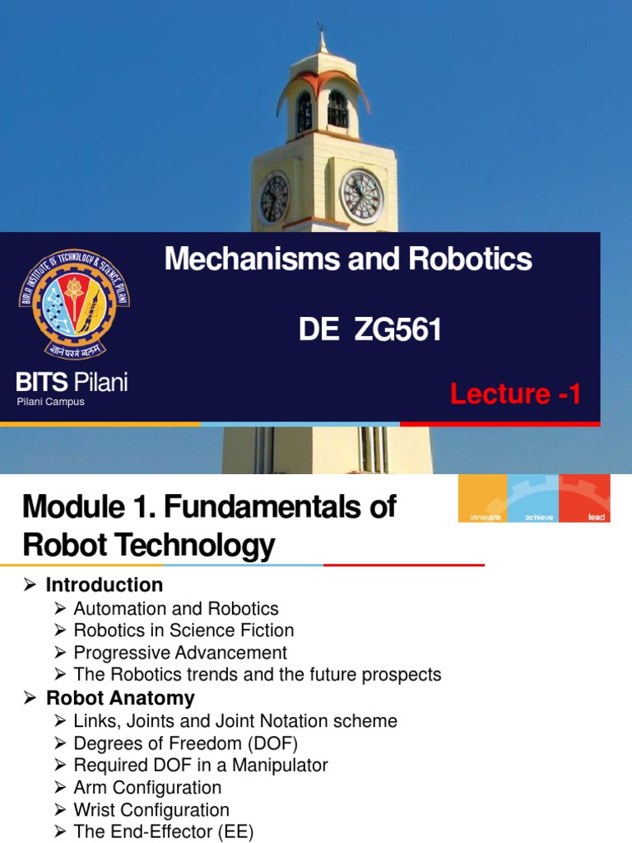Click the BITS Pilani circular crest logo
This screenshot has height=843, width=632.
[x=74, y=303]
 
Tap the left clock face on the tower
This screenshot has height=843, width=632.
[x=274, y=198]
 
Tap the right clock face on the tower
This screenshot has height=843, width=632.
[x=361, y=196]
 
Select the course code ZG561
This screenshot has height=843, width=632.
[x=398, y=330]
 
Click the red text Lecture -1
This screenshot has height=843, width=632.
[x=516, y=394]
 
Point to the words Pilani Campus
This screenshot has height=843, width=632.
[x=51, y=402]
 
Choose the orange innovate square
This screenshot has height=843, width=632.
[x=483, y=498]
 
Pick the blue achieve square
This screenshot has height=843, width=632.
[x=533, y=498]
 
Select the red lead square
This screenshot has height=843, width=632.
[x=584, y=498]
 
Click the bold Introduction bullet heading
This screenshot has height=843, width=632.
[x=105, y=585]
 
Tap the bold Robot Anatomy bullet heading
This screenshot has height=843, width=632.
[x=120, y=698]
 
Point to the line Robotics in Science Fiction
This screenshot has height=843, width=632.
[x=184, y=631]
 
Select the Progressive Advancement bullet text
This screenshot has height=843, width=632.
[x=180, y=653]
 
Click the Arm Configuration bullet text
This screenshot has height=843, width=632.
[x=147, y=788]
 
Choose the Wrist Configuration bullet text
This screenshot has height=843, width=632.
[x=151, y=810]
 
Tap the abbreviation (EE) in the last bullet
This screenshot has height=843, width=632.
[x=235, y=832]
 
